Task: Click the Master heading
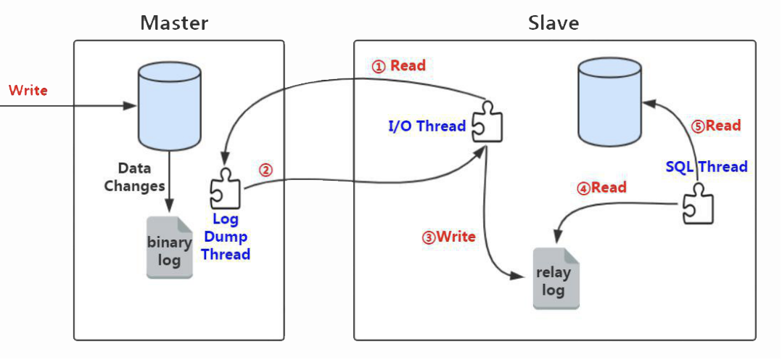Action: click(x=174, y=22)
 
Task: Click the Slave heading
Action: click(x=553, y=22)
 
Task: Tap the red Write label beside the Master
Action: click(x=28, y=91)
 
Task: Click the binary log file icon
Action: click(x=170, y=247)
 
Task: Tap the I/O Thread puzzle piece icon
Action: click(x=487, y=123)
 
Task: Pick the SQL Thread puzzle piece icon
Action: click(x=698, y=203)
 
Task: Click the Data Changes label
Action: click(x=134, y=177)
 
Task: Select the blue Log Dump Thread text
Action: click(x=226, y=237)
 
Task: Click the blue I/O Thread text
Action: click(x=427, y=126)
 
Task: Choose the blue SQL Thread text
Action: click(x=706, y=166)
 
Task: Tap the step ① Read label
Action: click(x=399, y=65)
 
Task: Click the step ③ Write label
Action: click(x=449, y=237)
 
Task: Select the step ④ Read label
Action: click(x=601, y=188)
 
